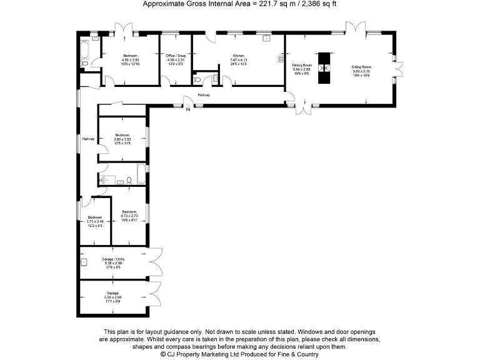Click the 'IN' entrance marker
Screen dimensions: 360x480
187,111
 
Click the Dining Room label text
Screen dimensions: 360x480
301,65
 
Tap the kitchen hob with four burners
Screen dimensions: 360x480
279,60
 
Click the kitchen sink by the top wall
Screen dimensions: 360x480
266,39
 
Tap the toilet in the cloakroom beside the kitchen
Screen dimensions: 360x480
199,80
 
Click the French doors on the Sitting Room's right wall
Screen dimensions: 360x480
397,67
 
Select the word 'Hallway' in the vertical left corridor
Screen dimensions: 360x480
88,139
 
